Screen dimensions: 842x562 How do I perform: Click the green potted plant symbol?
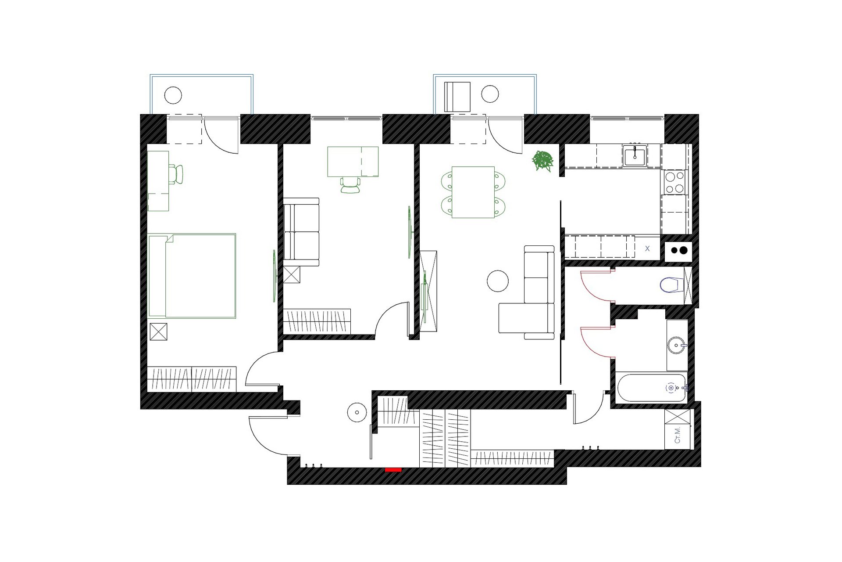tap(542, 161)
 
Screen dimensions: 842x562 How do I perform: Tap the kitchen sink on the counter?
tap(635, 155)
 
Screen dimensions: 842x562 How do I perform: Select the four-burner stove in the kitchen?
tap(674, 182)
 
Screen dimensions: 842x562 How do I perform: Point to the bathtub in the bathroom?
tap(652, 388)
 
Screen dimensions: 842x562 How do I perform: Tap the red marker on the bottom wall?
tap(393, 470)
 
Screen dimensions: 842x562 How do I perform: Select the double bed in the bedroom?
tap(192, 276)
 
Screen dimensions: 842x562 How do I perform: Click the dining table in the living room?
tap(473, 192)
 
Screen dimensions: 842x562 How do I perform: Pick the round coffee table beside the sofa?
tap(498, 281)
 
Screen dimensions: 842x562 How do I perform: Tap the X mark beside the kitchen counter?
tap(647, 249)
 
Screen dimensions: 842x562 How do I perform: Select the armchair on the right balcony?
tap(457, 97)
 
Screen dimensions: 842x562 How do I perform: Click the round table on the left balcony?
tap(173, 95)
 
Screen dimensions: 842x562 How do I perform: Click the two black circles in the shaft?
tap(678, 251)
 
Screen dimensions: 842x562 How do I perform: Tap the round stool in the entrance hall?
tap(357, 413)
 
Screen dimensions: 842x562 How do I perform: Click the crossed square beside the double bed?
tap(158, 331)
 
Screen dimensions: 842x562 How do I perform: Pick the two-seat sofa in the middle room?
tap(301, 232)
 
